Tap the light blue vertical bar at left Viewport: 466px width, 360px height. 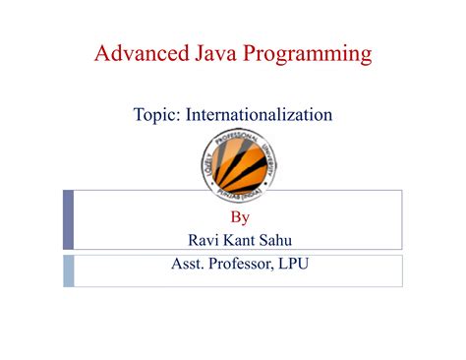69,270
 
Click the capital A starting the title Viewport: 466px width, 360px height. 101,52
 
